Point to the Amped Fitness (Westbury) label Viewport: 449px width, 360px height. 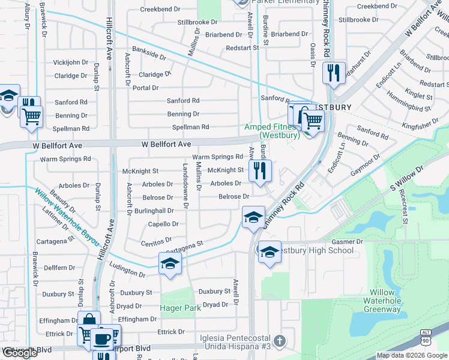pyautogui.click(x=272, y=131)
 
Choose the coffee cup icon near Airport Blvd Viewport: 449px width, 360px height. pyautogui.click(x=101, y=339)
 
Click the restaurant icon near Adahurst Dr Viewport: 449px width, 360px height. pyautogui.click(x=333, y=73)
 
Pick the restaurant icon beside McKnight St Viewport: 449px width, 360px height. pyautogui.click(x=260, y=170)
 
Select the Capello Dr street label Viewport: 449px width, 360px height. pyautogui.click(x=163, y=224)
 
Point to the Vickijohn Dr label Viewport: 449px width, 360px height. pyautogui.click(x=71, y=62)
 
